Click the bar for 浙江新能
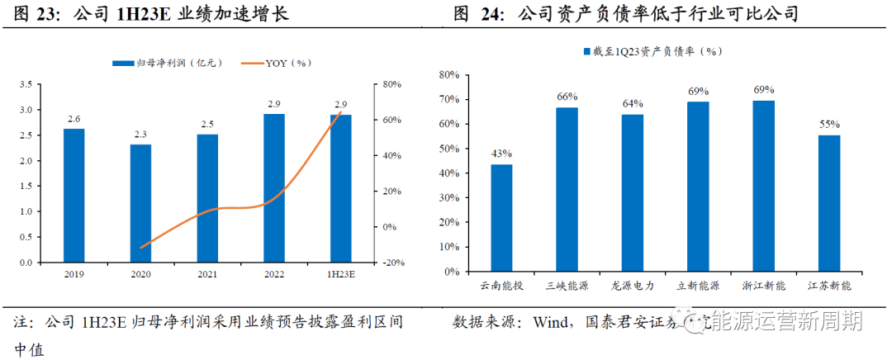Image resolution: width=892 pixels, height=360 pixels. point(763,185)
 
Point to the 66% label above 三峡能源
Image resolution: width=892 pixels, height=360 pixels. point(567,97)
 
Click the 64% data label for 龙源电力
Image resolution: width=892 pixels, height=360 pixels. point(633,103)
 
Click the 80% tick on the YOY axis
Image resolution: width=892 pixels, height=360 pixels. point(391,84)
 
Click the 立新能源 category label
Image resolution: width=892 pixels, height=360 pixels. point(698,285)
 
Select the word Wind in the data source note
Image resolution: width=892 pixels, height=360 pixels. point(553,322)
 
